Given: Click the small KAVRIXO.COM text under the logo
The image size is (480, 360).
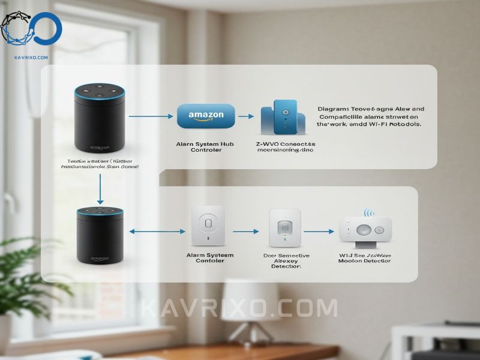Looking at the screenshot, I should (x=31, y=58).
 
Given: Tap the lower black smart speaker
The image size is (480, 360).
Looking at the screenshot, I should (x=100, y=236).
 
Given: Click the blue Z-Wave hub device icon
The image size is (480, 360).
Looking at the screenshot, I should (x=285, y=117).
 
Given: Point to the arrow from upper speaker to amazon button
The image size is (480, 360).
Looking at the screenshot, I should (x=150, y=115).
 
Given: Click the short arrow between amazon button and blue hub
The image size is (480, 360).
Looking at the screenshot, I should (x=246, y=115).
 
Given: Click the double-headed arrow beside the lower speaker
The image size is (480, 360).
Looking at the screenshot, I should (x=155, y=231).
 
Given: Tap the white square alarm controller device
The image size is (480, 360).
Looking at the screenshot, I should (x=207, y=226).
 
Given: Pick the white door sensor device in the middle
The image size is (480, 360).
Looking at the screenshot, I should (x=284, y=227).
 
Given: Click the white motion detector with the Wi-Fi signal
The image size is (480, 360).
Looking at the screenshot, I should (x=365, y=232).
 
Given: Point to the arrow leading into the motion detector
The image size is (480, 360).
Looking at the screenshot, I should (x=318, y=231).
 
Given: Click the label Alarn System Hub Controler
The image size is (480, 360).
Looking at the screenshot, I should (x=206, y=147).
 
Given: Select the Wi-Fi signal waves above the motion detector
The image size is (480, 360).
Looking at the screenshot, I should (x=368, y=213).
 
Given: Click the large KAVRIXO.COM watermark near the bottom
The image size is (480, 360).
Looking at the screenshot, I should (x=239, y=308).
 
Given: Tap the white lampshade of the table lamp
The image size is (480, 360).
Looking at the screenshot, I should (x=248, y=295).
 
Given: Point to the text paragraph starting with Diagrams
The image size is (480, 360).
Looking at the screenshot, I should (x=370, y=116).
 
